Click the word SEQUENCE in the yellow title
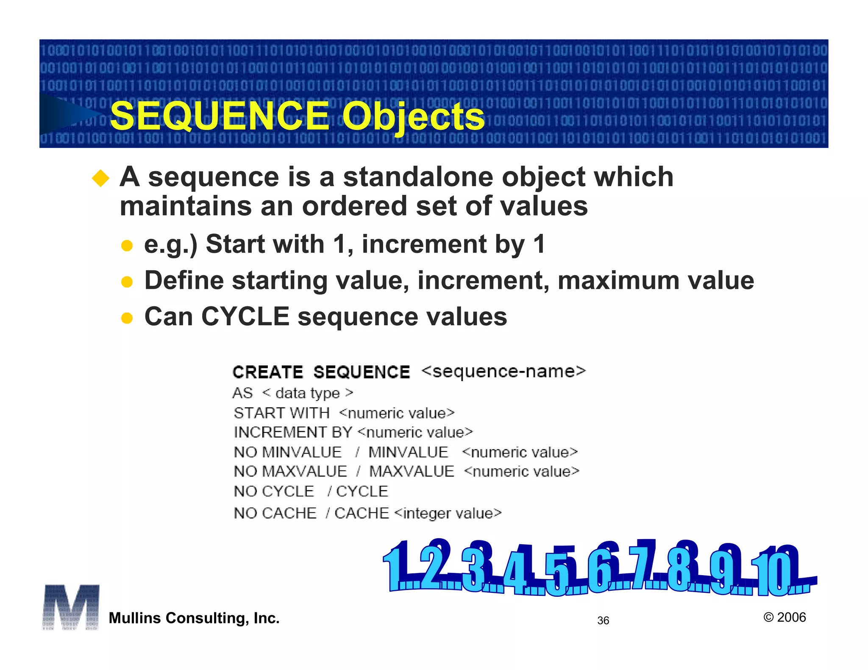click(220, 116)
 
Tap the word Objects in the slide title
click(413, 116)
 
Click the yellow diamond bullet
click(101, 178)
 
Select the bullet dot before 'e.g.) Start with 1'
click(127, 246)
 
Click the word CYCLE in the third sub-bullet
click(245, 316)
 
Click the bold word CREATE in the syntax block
click(268, 372)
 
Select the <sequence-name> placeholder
click(504, 371)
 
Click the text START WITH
click(281, 413)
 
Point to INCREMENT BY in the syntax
click(293, 432)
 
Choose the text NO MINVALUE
click(288, 452)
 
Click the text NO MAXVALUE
click(290, 471)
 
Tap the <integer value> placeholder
click(448, 513)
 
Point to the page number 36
click(603, 620)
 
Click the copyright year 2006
click(791, 617)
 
